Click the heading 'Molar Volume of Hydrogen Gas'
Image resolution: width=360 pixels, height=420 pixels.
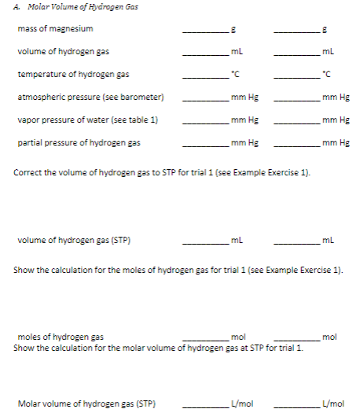[x=76, y=6]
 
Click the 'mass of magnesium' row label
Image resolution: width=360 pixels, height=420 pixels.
[x=55, y=29]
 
